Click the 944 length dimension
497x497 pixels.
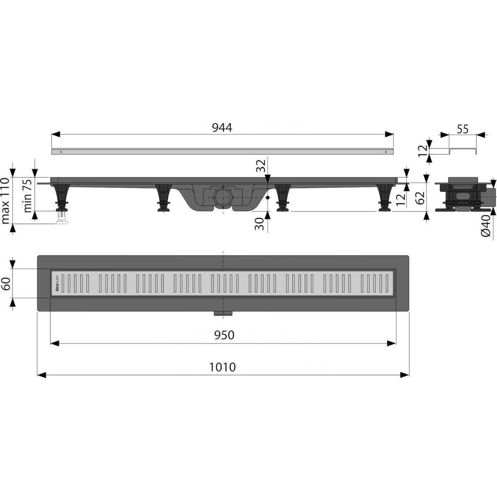point(222,128)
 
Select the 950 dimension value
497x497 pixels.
point(224,335)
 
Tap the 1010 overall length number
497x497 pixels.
point(222,367)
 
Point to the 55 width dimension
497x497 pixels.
point(463,129)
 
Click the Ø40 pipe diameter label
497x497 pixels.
point(486,226)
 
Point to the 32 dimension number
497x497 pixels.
point(261,166)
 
